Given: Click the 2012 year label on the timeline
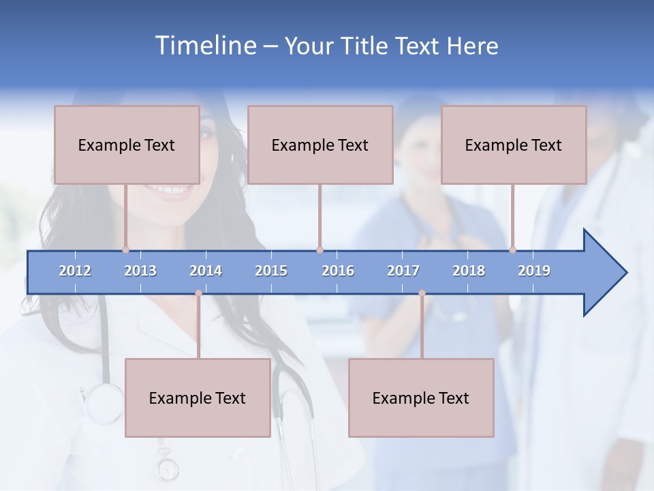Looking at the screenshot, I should [75, 271].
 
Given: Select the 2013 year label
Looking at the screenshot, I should [140, 271].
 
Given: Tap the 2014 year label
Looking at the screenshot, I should [206, 271].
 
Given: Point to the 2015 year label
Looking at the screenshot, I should [271, 271].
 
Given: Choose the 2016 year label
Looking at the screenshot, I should [338, 271].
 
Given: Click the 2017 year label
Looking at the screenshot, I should [403, 271].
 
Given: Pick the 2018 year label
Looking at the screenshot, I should [469, 271].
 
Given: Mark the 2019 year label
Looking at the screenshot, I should [534, 271].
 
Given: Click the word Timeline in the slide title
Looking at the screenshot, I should [205, 45].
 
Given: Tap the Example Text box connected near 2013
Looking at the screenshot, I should [127, 145].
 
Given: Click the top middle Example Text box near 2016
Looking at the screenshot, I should [320, 145].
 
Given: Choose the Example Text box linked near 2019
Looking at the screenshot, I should [514, 145].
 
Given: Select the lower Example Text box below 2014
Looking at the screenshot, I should [198, 398].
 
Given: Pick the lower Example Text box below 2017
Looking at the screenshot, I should [421, 398].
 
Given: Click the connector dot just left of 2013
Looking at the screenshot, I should [125, 250].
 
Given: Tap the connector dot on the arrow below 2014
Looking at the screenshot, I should [198, 293].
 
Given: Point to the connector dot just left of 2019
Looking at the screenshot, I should [512, 250].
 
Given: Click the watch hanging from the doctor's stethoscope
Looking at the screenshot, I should [167, 469].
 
